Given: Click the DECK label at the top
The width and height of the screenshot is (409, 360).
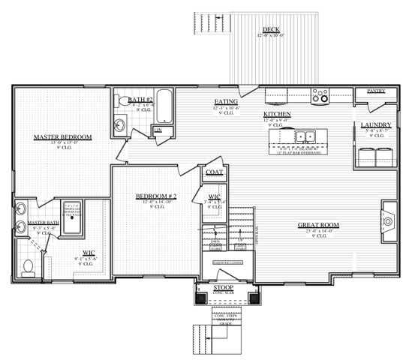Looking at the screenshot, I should coord(271,29).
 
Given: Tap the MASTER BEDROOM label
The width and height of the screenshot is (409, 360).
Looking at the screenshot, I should coord(62,137).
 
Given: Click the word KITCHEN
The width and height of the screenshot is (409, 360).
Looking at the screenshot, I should coord(277,114).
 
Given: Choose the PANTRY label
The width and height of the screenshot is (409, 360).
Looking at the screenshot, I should coord(376,91).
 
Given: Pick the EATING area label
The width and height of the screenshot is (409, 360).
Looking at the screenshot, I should coord(227,101).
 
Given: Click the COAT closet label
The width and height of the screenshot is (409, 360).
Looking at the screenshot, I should coord(214,172).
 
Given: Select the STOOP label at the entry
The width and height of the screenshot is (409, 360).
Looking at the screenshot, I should coord(223,287).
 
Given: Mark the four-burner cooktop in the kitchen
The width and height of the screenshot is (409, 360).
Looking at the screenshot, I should coord(320,95).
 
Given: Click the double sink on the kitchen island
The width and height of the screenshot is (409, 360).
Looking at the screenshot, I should coord(304,136).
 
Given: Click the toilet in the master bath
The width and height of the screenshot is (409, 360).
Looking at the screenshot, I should coord(28,267).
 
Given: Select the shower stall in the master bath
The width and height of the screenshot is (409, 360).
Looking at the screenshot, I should coord(73,218).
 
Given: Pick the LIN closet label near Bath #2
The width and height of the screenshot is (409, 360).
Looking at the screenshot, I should coord(158,130).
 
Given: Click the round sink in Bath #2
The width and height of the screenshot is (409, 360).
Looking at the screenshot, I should coord(120,124).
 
